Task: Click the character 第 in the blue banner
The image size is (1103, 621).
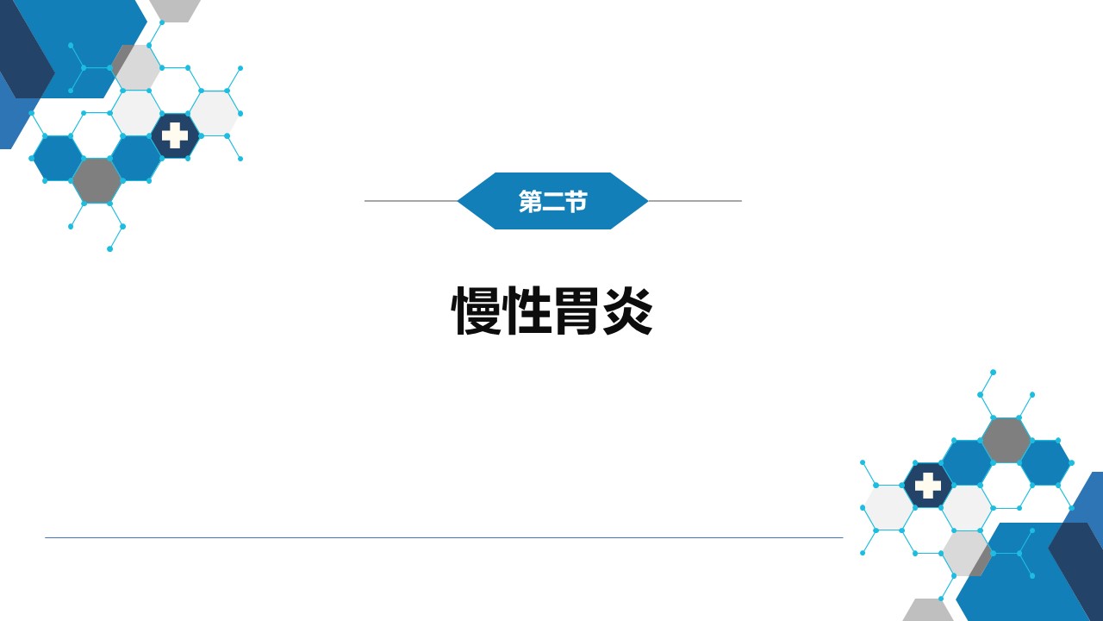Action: tap(530, 201)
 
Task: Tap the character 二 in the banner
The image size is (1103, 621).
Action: tap(552, 202)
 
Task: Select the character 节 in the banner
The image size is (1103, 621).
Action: tap(576, 201)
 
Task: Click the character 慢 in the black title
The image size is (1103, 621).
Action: tap(477, 310)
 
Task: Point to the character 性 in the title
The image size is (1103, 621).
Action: tap(527, 310)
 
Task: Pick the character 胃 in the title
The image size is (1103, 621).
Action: tap(577, 310)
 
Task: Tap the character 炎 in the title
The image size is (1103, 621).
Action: tap(628, 310)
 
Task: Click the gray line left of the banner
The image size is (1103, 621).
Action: tap(411, 201)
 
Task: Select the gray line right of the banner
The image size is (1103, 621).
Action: tap(695, 201)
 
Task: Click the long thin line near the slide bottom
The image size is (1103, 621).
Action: tap(444, 537)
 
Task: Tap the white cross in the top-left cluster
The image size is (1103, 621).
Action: tap(175, 135)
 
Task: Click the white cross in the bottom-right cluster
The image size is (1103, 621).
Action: tap(928, 486)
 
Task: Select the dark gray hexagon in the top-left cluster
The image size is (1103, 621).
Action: tap(97, 181)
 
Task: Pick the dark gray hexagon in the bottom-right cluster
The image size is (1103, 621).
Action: tap(1006, 440)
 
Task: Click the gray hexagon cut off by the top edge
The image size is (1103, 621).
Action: tap(175, 10)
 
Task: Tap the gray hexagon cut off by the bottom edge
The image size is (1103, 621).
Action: tap(928, 610)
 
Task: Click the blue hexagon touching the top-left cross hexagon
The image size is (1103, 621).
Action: tap(136, 158)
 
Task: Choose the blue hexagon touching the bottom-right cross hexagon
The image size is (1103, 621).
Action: tap(967, 463)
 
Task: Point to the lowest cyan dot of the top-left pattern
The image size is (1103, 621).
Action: tap(109, 249)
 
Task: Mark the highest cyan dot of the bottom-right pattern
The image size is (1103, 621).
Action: tap(994, 372)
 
